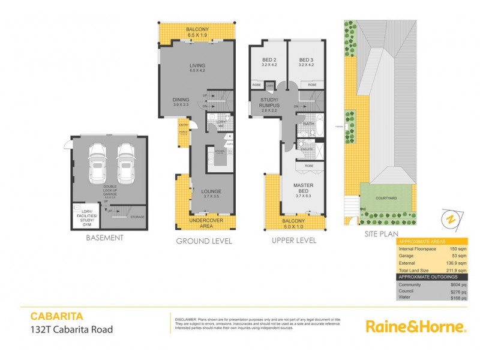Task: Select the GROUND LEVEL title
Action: (203, 241)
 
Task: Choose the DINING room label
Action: (181, 100)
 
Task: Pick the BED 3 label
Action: (306, 60)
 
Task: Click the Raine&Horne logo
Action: (416, 327)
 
